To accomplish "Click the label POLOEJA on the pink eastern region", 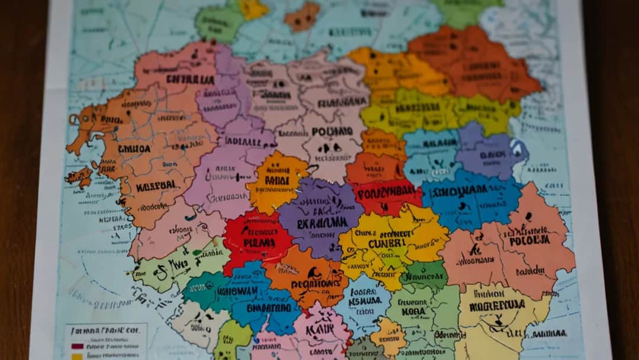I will (530, 240).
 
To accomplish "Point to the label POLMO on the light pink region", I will (331, 131).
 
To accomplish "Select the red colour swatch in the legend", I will (77, 346).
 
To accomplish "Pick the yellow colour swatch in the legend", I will (77, 356).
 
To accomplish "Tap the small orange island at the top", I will (302, 17).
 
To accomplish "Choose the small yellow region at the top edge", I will (254, 8).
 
